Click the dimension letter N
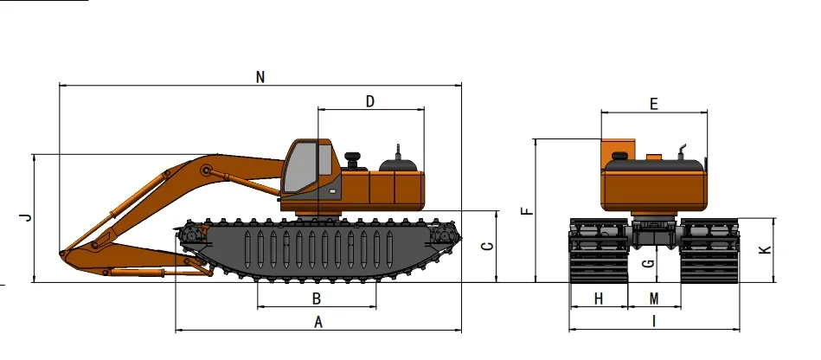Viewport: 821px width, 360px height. click(260, 76)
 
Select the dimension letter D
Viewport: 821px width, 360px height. click(370, 101)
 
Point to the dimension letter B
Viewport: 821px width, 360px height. click(317, 299)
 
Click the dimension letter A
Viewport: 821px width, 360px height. click(317, 322)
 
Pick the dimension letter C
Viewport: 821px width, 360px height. click(487, 246)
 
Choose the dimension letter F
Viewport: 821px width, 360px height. click(526, 210)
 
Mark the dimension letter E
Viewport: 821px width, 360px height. click(654, 104)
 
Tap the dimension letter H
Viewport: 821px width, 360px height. click(599, 299)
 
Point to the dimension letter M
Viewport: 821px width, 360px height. click(654, 299)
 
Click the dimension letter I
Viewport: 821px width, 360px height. click(654, 321)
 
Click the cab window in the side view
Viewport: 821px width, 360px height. click(300, 170)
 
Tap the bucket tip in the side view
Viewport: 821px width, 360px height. click(61, 254)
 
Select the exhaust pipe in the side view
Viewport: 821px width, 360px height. click(398, 151)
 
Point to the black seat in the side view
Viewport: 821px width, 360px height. click(352, 160)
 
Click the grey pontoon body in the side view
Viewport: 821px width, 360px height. click(320, 247)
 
